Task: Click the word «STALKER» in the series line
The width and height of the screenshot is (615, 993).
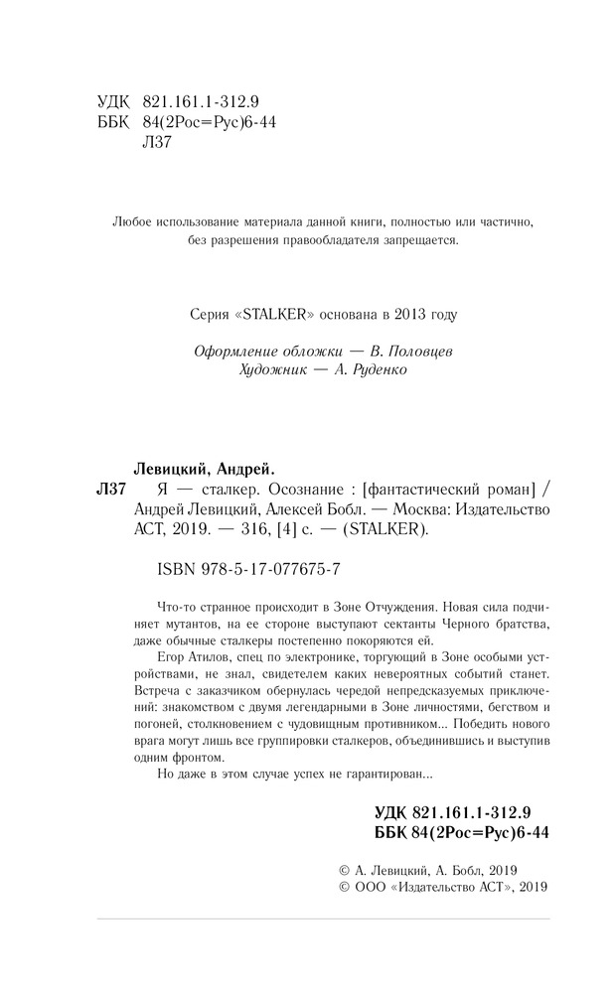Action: pyautogui.click(x=273, y=315)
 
